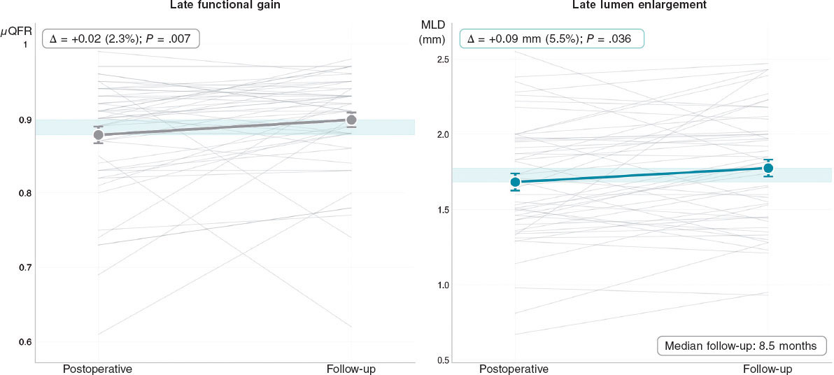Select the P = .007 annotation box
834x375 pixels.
pyautogui.click(x=121, y=38)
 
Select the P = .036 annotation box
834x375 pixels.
pyautogui.click(x=551, y=39)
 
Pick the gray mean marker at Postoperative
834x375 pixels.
pyautogui.click(x=99, y=135)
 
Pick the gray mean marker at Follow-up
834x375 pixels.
pyautogui.click(x=352, y=120)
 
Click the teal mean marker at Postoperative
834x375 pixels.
pyautogui.click(x=516, y=182)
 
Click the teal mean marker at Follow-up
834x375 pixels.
pyautogui.click(x=768, y=168)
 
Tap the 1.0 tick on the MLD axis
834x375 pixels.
pyautogui.click(x=442, y=285)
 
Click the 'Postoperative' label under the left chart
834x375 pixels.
pyautogui.click(x=98, y=368)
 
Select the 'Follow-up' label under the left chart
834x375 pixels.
pyautogui.click(x=351, y=368)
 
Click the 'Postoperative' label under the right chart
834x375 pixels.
pyautogui.click(x=515, y=368)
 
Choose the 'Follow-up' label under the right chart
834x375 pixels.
pyautogui.click(x=768, y=368)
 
